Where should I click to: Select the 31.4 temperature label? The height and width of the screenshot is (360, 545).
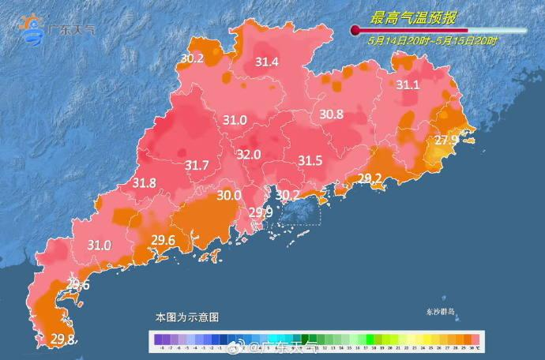267,62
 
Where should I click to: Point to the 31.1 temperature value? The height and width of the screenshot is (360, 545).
408,85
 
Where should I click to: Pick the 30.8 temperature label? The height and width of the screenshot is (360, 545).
331,114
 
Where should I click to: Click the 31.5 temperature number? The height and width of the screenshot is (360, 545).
310,161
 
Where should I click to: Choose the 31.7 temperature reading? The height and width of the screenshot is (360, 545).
197,166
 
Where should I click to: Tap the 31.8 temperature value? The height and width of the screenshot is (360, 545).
144,183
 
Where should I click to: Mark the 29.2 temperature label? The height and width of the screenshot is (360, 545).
370,178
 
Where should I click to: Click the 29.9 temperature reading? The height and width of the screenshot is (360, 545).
261,212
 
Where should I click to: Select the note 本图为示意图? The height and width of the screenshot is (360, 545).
186,317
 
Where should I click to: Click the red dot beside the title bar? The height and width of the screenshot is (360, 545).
355,31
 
